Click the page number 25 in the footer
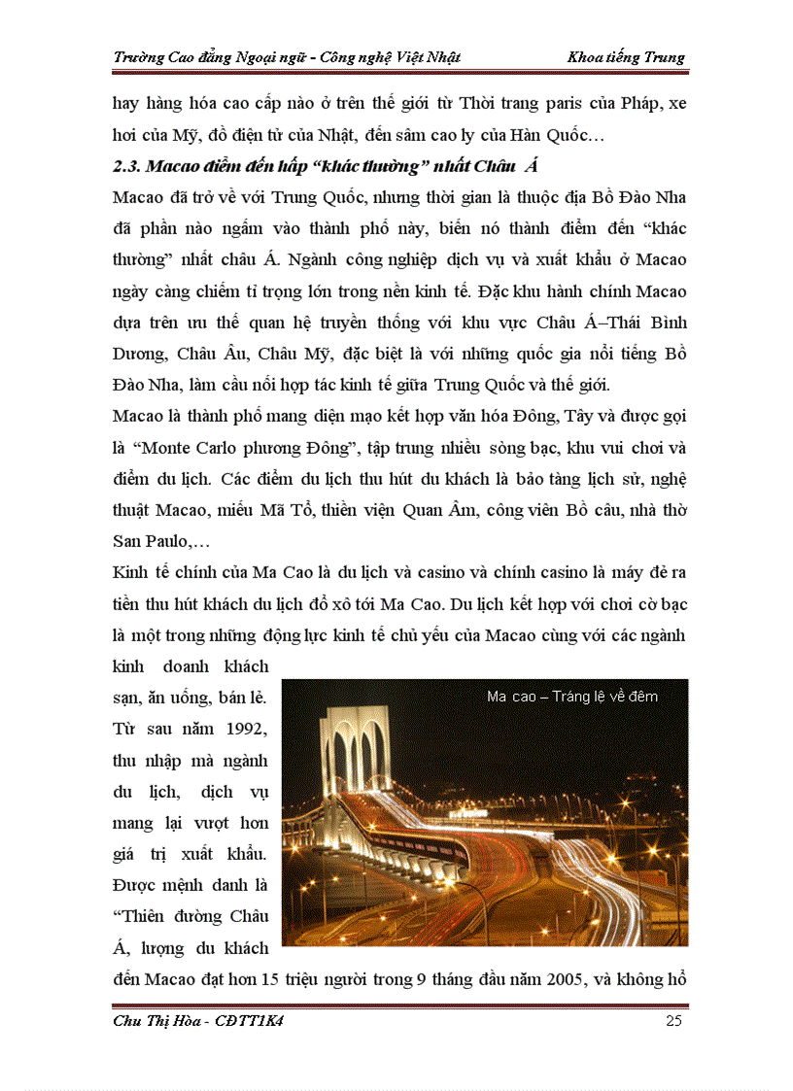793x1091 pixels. coord(674,1021)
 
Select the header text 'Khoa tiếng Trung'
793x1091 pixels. coord(626,56)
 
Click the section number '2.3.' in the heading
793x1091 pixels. coord(129,166)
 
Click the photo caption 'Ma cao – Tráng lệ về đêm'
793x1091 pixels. coord(572,697)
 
